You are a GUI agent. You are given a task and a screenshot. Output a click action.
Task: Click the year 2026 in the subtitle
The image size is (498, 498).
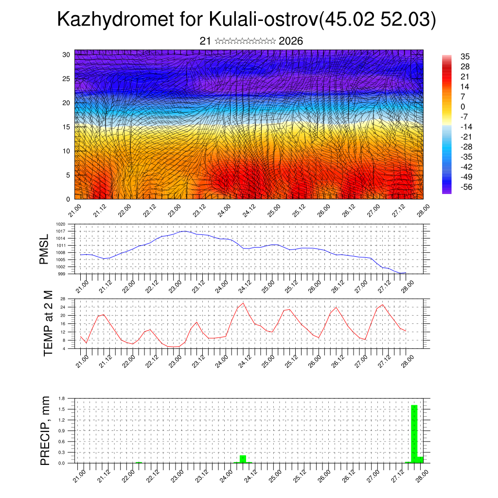tap(291, 41)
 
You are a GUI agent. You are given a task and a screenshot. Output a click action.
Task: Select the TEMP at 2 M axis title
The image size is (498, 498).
tap(48, 323)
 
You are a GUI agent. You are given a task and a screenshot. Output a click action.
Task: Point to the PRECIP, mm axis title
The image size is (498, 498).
tap(45, 430)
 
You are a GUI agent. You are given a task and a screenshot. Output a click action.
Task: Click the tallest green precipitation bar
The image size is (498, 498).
tap(414, 433)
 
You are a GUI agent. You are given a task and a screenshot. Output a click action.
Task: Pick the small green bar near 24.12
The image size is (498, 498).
tap(243, 459)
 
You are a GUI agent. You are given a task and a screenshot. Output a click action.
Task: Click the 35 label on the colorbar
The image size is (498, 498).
tap(465, 56)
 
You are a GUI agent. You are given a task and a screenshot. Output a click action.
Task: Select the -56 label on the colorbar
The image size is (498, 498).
tap(466, 187)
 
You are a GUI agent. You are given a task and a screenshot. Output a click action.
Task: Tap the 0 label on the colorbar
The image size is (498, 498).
tap(462, 107)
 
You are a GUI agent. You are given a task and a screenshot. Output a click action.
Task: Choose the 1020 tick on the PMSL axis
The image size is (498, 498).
tap(60, 224)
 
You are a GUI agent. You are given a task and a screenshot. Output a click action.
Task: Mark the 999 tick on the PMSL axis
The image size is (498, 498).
tap(62, 274)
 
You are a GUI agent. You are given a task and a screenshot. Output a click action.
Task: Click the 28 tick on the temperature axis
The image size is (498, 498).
tap(63, 299)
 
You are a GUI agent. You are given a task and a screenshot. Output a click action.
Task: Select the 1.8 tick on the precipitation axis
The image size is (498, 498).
tap(62, 398)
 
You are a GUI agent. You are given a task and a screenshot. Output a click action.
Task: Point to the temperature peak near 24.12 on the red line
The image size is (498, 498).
tap(243, 303)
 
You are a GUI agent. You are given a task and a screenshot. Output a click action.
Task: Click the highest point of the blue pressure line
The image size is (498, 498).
tap(184, 231)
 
